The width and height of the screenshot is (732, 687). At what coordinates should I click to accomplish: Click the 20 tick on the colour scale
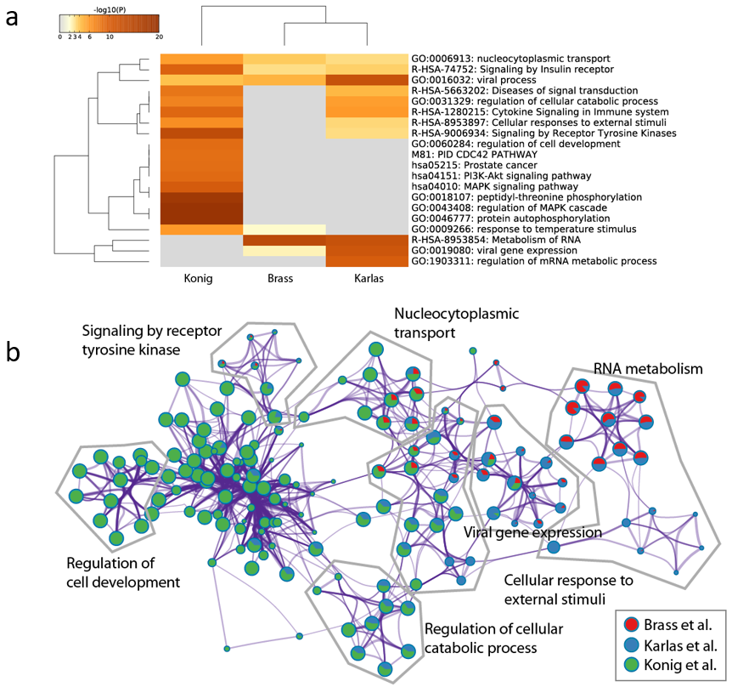click(158, 37)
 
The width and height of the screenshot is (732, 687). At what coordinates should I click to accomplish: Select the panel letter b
click(13, 351)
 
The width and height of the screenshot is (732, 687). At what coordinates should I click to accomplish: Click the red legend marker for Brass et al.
click(632, 626)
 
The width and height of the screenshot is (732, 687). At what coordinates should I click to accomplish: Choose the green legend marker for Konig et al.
click(632, 664)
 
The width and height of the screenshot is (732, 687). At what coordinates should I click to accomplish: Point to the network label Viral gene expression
click(532, 532)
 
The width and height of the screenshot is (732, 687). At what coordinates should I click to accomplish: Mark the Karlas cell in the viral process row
click(366, 80)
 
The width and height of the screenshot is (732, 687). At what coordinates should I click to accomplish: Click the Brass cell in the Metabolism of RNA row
click(284, 240)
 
